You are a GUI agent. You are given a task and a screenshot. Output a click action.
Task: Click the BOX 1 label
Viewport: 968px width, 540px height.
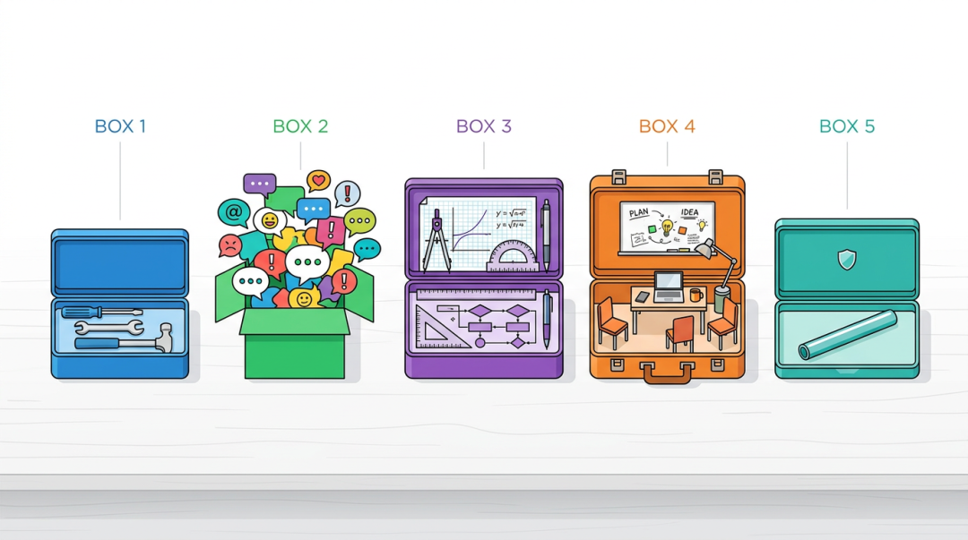click(x=120, y=126)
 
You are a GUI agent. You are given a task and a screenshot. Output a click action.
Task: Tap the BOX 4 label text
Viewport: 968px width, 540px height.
click(x=667, y=126)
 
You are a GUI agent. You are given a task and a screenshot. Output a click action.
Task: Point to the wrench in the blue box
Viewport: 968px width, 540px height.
click(x=108, y=327)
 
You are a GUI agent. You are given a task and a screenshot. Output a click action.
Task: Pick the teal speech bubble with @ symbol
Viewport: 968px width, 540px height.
click(x=233, y=213)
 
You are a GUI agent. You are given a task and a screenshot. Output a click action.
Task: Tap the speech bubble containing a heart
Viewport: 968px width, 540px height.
click(x=318, y=181)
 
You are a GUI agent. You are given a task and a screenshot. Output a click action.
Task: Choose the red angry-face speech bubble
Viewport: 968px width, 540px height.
click(x=230, y=244)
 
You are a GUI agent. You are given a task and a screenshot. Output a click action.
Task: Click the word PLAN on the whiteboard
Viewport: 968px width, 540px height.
click(x=638, y=213)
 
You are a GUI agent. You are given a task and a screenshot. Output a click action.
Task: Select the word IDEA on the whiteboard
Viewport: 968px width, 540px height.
click(x=690, y=213)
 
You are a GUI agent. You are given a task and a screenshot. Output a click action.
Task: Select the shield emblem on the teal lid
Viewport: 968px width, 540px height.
click(x=847, y=259)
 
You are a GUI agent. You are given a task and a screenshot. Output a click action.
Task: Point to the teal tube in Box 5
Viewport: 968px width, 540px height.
click(x=847, y=335)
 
